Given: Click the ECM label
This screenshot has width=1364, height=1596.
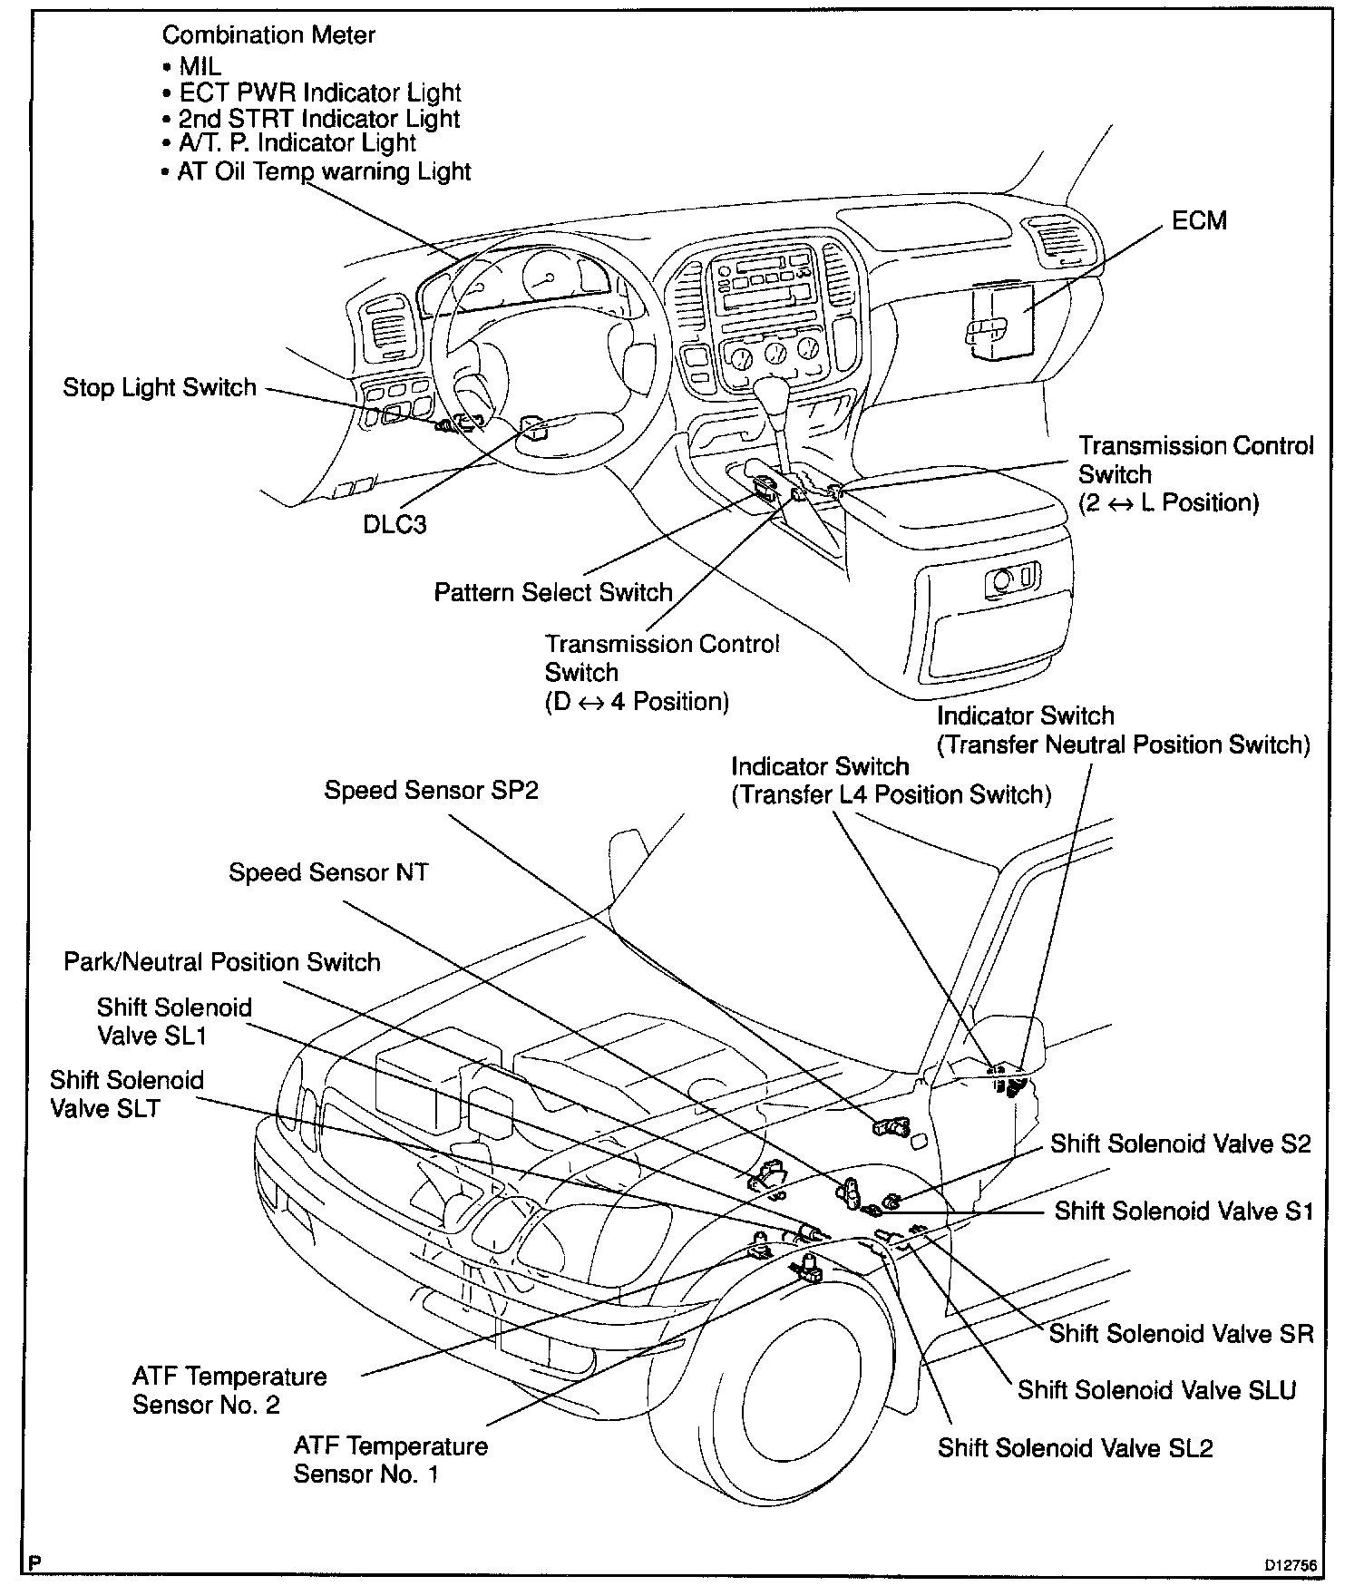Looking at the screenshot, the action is pyautogui.click(x=1199, y=220).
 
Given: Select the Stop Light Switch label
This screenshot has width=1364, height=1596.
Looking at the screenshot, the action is pyautogui.click(x=160, y=388).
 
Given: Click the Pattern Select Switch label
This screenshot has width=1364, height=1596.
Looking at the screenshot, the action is pyautogui.click(x=553, y=593).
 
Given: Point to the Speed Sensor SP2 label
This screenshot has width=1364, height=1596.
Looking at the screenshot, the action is pyautogui.click(x=432, y=791).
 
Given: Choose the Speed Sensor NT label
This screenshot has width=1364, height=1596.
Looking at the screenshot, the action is pyautogui.click(x=328, y=872).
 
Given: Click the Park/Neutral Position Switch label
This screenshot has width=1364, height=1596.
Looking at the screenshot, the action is pyautogui.click(x=222, y=962).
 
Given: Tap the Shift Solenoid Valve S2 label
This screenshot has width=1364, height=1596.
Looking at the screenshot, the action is pyautogui.click(x=1181, y=1144).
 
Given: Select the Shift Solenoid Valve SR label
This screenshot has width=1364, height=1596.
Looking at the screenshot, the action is pyautogui.click(x=1182, y=1334).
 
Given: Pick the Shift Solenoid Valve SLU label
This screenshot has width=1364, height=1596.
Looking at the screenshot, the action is pyautogui.click(x=1157, y=1390).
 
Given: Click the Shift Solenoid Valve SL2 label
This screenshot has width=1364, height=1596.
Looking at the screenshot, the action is pyautogui.click(x=1076, y=1448).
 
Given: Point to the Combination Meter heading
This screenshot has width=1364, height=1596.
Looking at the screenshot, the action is pyautogui.click(x=268, y=35).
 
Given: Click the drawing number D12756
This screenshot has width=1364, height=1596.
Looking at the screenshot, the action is pyautogui.click(x=1292, y=1566).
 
